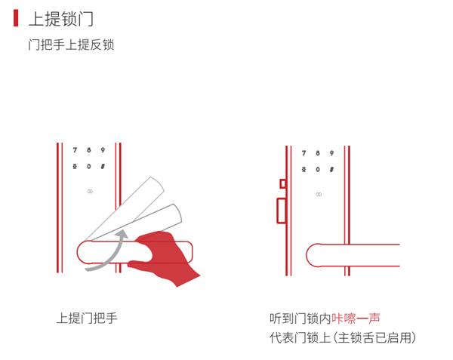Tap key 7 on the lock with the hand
click(75, 149)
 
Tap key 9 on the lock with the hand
click(102, 149)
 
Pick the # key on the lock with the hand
click(102, 166)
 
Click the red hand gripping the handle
click(166, 257)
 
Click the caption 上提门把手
click(87, 318)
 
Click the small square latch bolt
click(282, 183)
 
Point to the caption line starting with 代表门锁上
click(342, 337)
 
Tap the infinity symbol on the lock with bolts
click(319, 195)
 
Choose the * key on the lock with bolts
click(304, 169)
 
